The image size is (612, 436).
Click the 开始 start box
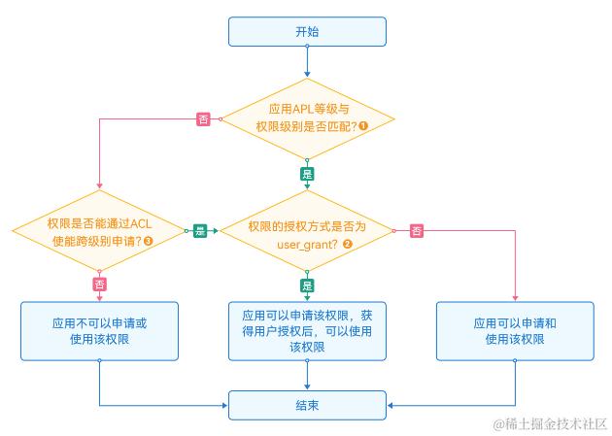click(306, 31)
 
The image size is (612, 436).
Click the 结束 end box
click(306, 405)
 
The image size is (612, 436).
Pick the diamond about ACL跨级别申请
click(99, 232)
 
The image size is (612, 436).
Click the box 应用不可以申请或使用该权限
click(99, 330)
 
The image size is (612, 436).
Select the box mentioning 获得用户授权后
click(306, 330)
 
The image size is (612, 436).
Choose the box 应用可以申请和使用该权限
click(514, 330)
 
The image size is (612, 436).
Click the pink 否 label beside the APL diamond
click(204, 119)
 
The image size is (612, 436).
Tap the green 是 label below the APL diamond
click(307, 174)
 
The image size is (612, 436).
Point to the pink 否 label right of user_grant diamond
click(416, 230)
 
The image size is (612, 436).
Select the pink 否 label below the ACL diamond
click(99, 285)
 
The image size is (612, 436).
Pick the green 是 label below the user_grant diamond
click(307, 285)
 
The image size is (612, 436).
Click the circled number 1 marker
click(362, 127)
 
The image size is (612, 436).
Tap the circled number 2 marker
click(348, 243)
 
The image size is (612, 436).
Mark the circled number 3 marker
click(149, 241)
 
